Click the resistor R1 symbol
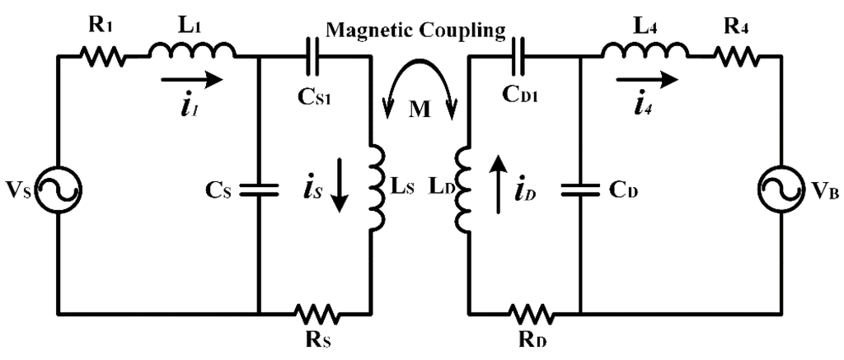[x=102, y=57]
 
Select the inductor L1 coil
[x=191, y=53]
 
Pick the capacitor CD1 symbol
[x=523, y=56]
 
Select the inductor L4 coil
[x=645, y=53]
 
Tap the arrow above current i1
[x=191, y=80]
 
